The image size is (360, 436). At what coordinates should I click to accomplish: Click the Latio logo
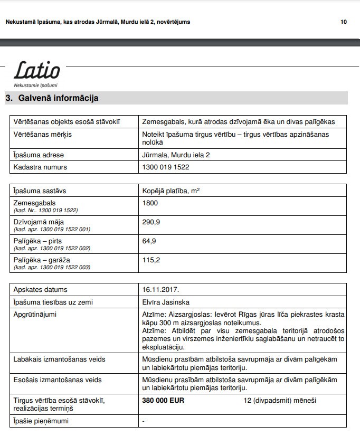36,70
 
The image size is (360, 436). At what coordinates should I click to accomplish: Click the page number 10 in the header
344,22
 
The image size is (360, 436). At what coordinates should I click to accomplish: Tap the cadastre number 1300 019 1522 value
166,167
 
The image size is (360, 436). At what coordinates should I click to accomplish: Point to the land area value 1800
150,203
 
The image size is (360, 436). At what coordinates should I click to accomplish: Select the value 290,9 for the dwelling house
151,222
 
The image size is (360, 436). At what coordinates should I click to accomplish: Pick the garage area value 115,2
151,260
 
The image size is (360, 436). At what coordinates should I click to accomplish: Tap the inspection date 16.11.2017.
161,290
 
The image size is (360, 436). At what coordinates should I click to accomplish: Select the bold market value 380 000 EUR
163,401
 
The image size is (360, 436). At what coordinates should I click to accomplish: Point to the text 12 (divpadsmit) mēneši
280,401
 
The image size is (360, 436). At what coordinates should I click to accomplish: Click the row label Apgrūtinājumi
35,315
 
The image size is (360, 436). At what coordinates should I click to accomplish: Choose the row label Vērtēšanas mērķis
42,135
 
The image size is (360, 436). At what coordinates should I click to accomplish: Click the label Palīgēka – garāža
42,260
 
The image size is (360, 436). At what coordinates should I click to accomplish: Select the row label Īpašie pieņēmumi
41,421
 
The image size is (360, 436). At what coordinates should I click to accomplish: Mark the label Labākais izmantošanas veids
59,359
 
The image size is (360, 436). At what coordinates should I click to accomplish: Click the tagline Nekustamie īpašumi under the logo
35,85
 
